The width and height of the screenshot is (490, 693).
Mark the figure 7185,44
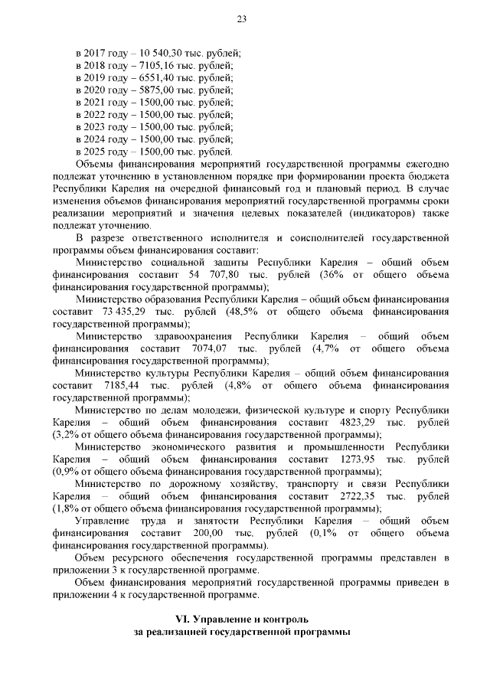click(113, 385)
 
